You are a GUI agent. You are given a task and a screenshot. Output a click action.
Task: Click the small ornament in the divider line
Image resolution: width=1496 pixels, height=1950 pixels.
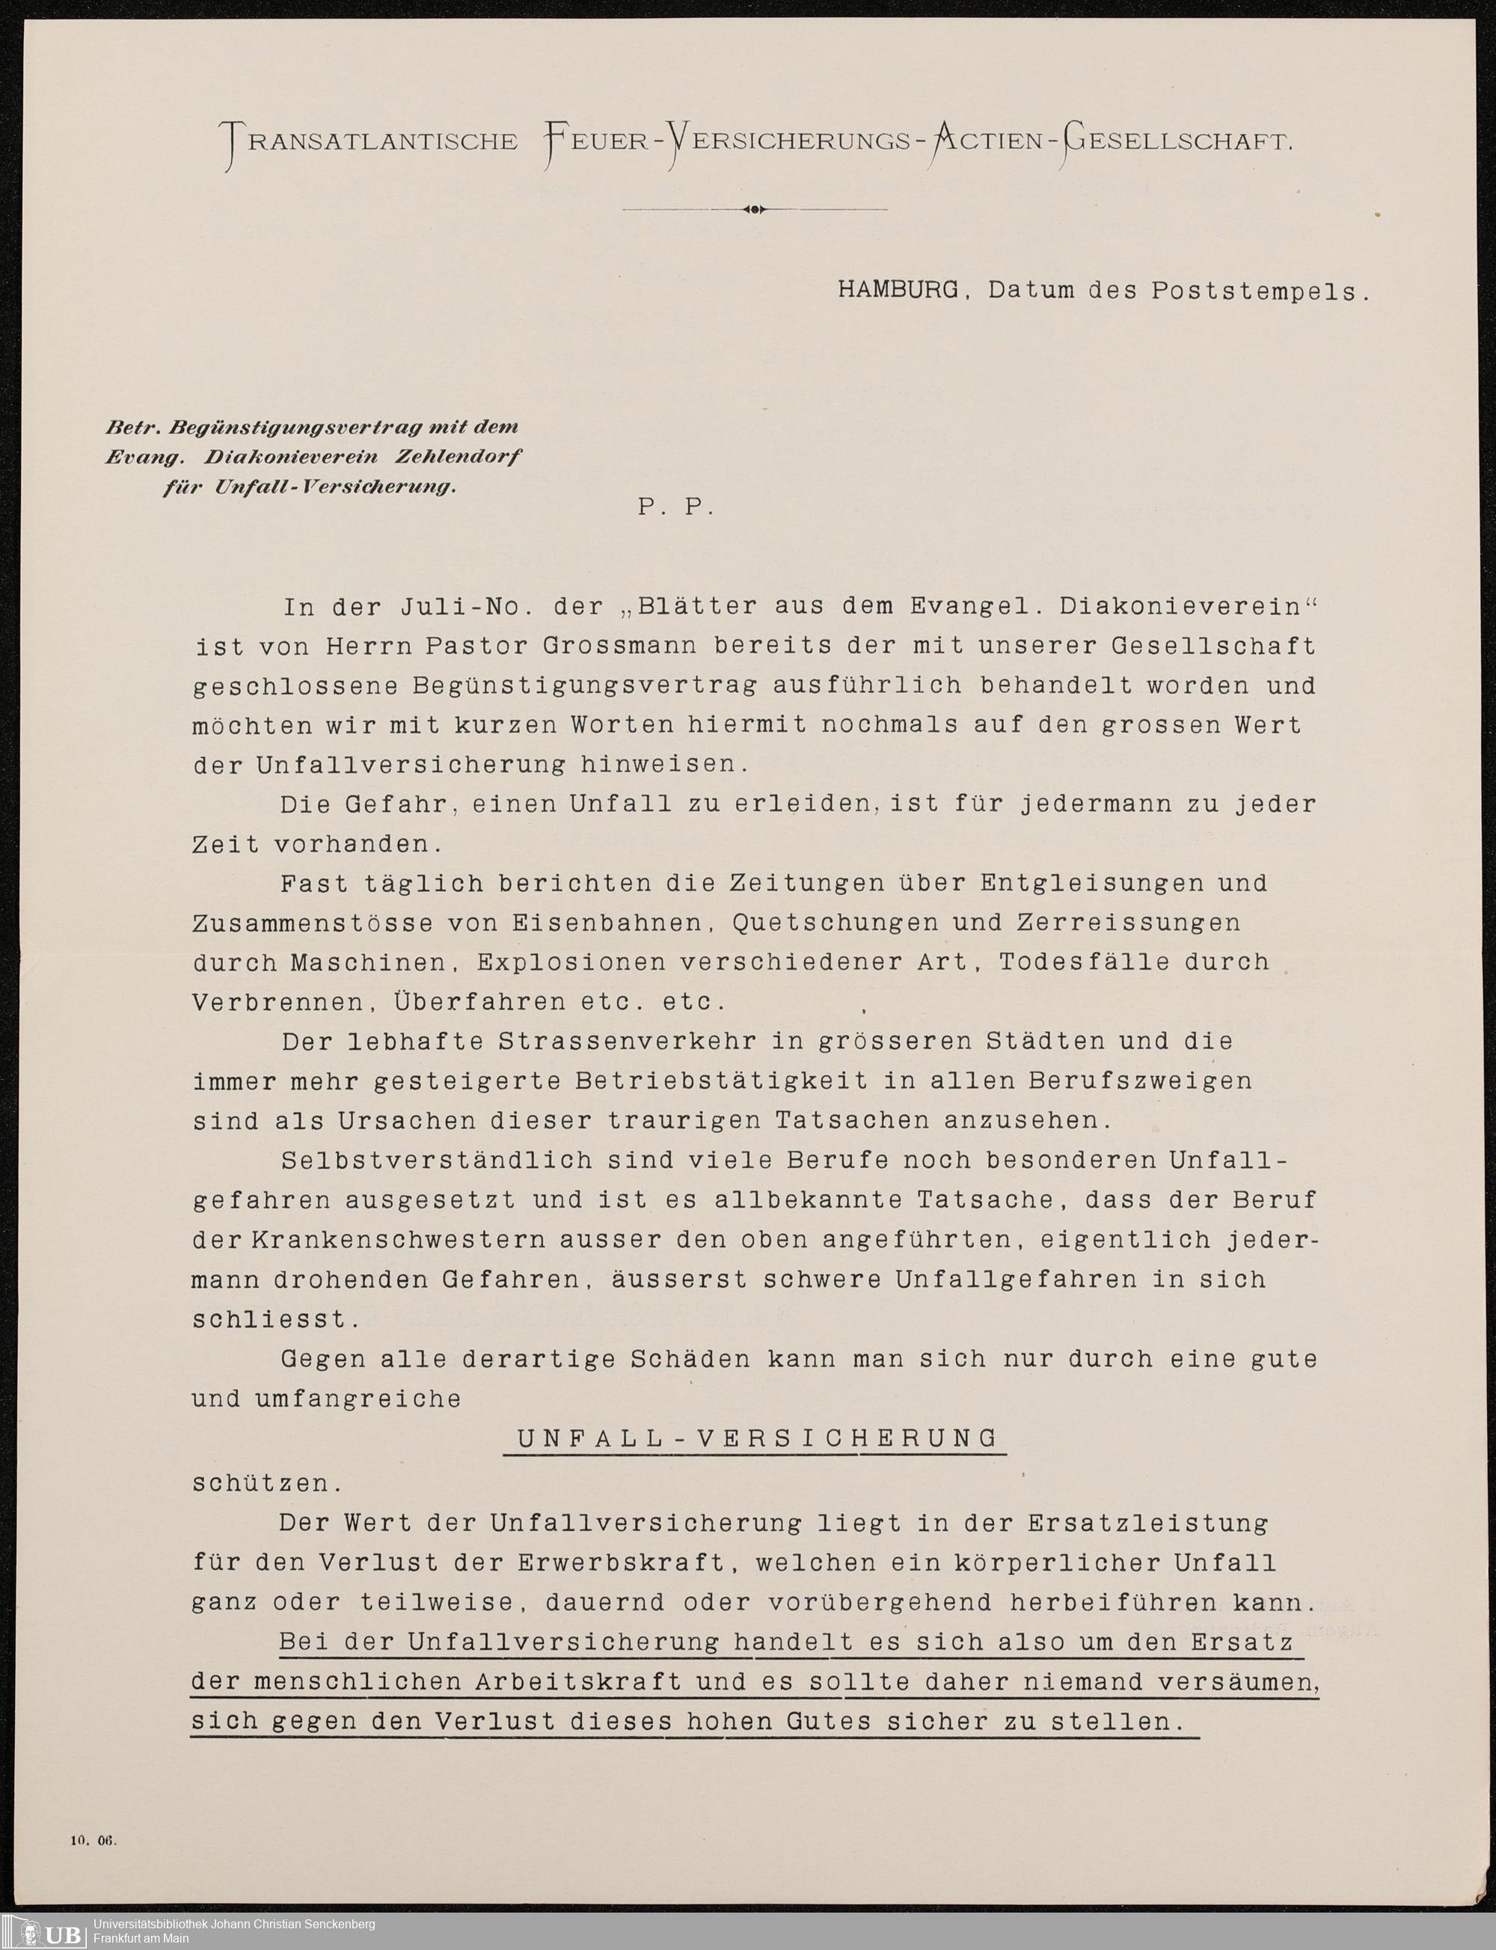(x=754, y=210)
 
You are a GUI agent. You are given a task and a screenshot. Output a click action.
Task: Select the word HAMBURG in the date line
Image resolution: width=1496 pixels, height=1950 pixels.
(x=898, y=290)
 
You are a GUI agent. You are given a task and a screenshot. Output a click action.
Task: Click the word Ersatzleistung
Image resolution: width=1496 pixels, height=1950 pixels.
(x=1148, y=1523)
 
